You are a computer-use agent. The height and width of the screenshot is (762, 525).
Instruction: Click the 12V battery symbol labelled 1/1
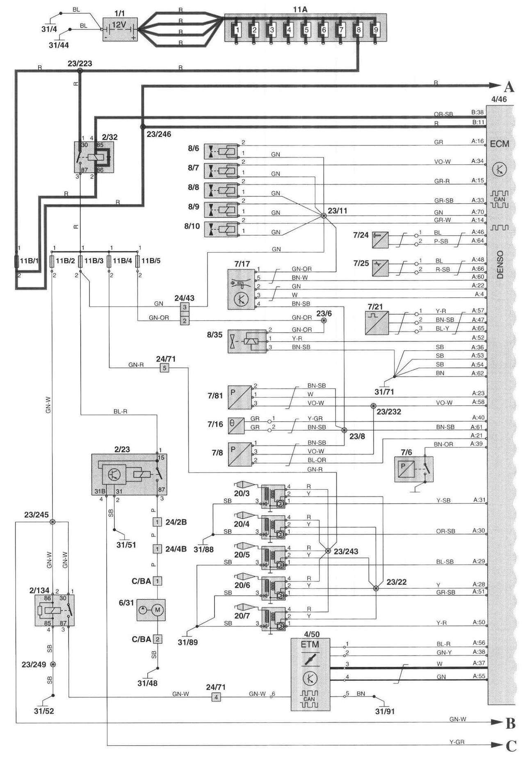pyautogui.click(x=119, y=29)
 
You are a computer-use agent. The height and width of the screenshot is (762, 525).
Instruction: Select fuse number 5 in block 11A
pyautogui.click(x=306, y=30)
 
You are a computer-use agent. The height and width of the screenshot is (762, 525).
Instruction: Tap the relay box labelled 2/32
pyautogui.click(x=94, y=157)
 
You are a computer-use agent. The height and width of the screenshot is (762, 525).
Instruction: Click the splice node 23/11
pyautogui.click(x=323, y=215)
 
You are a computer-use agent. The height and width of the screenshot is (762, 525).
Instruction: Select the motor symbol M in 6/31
pyautogui.click(x=158, y=610)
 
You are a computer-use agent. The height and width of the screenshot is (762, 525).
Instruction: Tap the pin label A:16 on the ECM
pyautogui.click(x=477, y=141)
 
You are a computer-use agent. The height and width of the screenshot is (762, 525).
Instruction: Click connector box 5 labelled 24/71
pyautogui.click(x=164, y=368)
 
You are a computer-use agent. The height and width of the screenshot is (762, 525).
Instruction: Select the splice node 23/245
pyautogui.click(x=52, y=522)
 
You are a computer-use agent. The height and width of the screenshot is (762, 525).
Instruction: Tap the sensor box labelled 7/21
pyautogui.click(x=377, y=323)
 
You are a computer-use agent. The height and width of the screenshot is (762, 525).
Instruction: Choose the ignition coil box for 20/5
pyautogui.click(x=273, y=558)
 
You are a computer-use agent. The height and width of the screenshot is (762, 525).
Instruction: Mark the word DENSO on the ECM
pyautogui.click(x=500, y=265)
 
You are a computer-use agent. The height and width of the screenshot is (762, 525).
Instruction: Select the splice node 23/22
pyautogui.click(x=376, y=588)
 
